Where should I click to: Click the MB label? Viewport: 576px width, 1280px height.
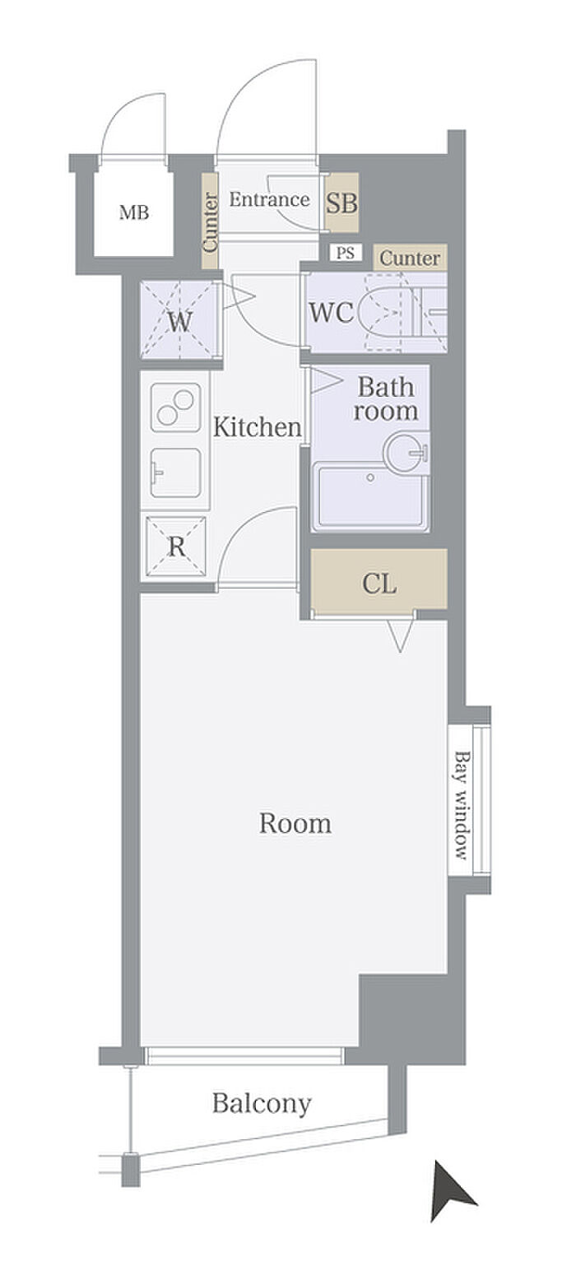pos(134,213)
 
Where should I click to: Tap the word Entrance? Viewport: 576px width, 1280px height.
pos(269,199)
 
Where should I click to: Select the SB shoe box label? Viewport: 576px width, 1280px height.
pos(341,202)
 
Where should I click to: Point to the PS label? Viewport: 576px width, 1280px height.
pos(345,253)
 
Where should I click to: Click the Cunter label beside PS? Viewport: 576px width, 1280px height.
pos(410,258)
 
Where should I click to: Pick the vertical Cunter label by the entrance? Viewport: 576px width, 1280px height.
pos(211,222)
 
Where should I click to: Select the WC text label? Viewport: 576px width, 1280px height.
pos(331,313)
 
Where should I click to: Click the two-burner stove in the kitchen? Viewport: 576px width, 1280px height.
pos(176,407)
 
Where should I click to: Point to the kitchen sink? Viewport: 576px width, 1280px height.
pos(176,472)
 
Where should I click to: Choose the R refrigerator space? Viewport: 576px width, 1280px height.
pos(176,547)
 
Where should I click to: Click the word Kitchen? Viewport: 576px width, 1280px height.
pos(257,427)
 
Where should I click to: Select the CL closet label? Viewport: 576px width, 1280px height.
pos(379,584)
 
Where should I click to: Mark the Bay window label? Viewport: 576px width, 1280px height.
pos(462,805)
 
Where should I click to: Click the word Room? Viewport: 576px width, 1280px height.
pos(295,823)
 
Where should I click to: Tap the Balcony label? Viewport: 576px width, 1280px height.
pos(262,1103)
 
